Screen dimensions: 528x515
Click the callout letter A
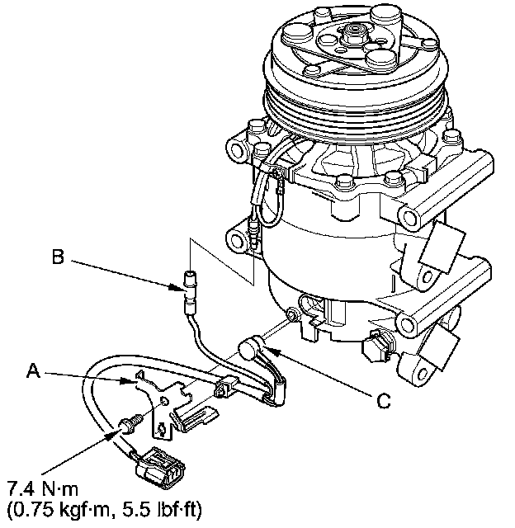coord(33,373)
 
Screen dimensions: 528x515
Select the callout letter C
coord(382,402)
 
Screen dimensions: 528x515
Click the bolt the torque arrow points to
coord(128,423)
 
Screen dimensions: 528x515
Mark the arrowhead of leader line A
coord(130,383)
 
